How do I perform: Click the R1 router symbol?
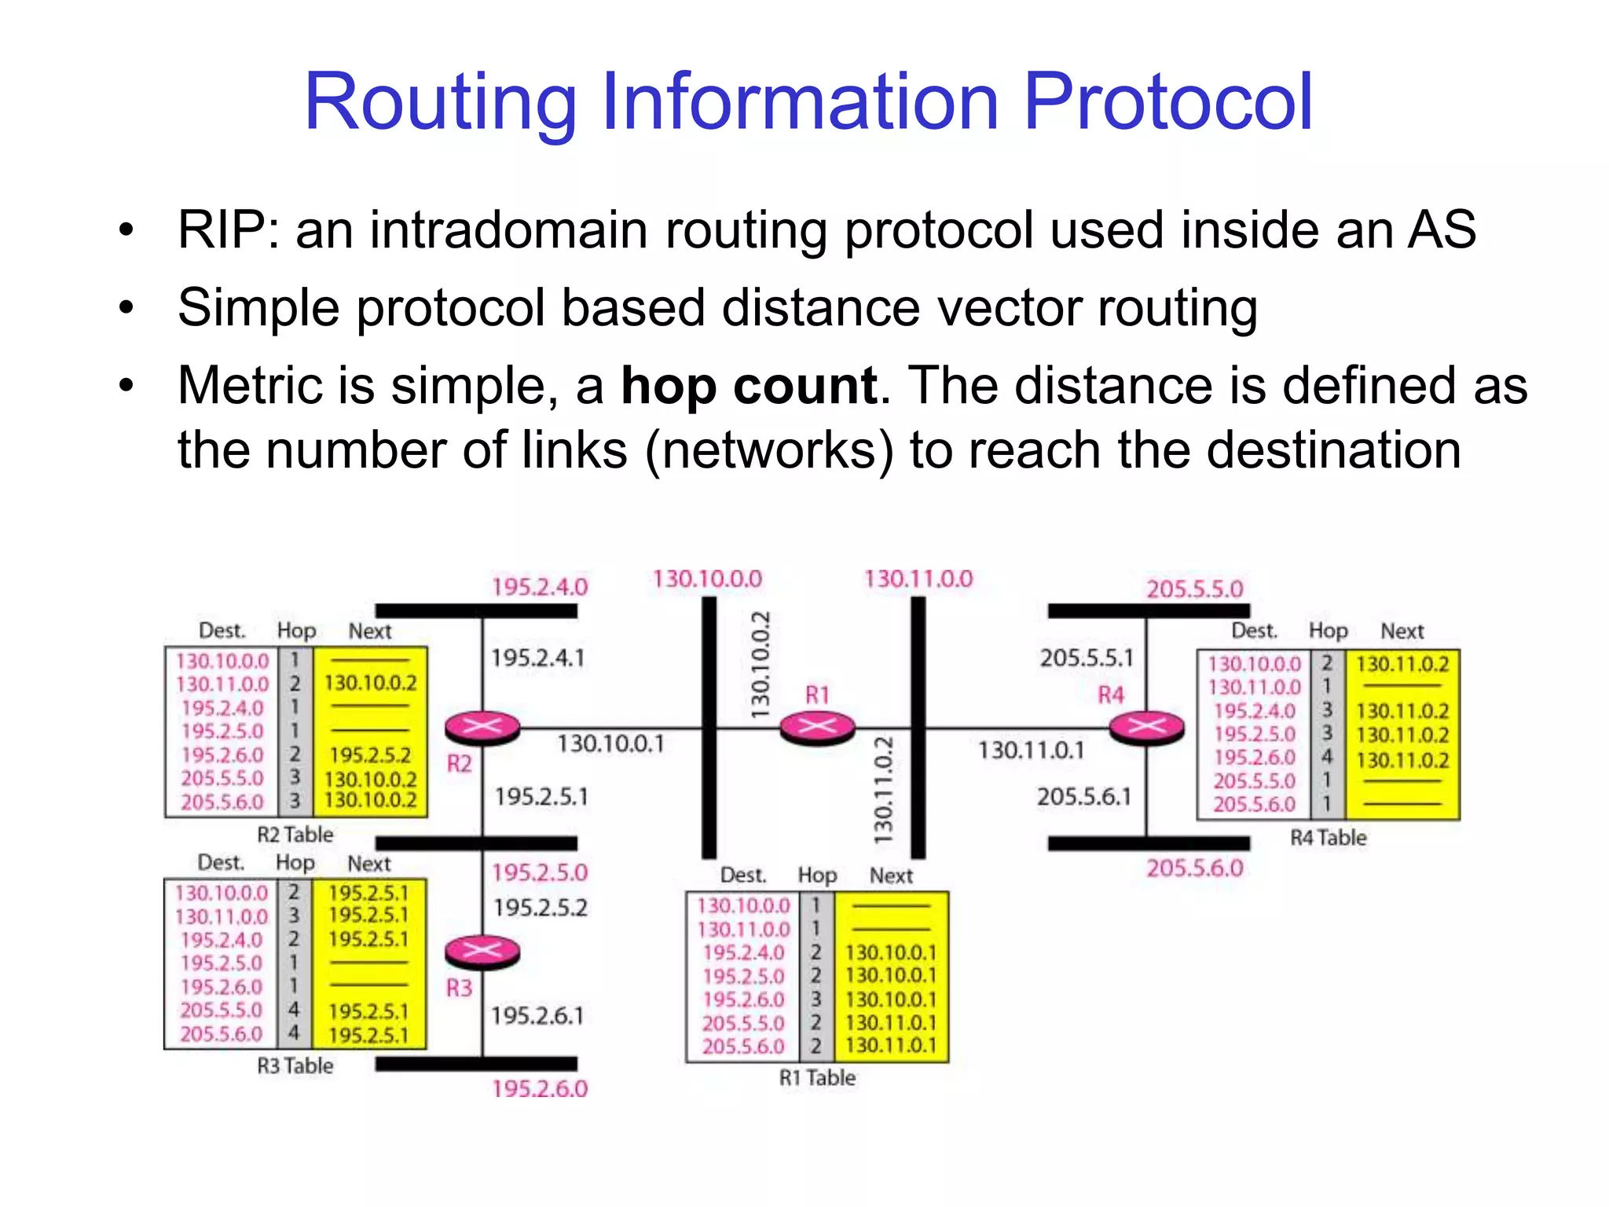pyautogui.click(x=817, y=727)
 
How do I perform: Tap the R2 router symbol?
pyautogui.click(x=482, y=727)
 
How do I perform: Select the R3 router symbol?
pyautogui.click(x=482, y=952)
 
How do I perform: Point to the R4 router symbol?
pyautogui.click(x=1146, y=727)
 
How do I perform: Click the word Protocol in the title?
pyautogui.click(x=1168, y=102)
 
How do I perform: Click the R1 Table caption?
pyautogui.click(x=817, y=1077)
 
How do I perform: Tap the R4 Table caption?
pyautogui.click(x=1328, y=838)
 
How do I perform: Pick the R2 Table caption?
pyautogui.click(x=295, y=835)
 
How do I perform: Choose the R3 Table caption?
pyautogui.click(x=295, y=1066)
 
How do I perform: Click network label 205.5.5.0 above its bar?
pyautogui.click(x=1194, y=589)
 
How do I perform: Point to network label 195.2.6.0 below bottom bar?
pyautogui.click(x=540, y=1089)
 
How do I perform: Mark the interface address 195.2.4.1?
pyautogui.click(x=538, y=658)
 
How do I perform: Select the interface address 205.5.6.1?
pyautogui.click(x=1084, y=797)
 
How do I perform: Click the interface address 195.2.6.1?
pyautogui.click(x=538, y=1016)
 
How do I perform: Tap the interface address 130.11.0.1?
pyautogui.click(x=1031, y=750)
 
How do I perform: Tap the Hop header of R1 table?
pyautogui.click(x=817, y=875)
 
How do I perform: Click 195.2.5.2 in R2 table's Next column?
pyautogui.click(x=370, y=755)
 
